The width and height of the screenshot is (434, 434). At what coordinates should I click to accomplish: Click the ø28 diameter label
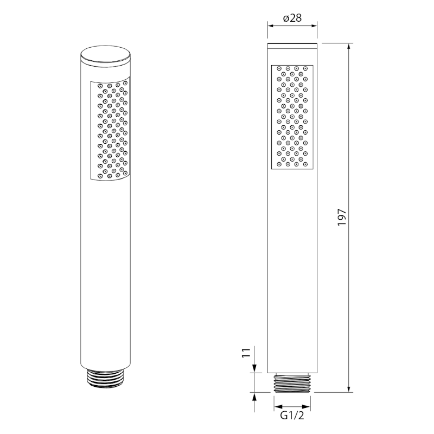[x=292, y=18]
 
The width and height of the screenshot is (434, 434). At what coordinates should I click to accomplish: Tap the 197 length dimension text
[x=342, y=218]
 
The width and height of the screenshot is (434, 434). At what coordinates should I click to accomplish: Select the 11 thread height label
[x=246, y=353]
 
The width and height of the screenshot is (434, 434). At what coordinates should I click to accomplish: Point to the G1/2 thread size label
[x=292, y=416]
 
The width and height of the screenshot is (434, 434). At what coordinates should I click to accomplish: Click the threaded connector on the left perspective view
[x=105, y=378]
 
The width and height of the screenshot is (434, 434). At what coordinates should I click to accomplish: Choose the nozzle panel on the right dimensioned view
[x=292, y=117]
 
